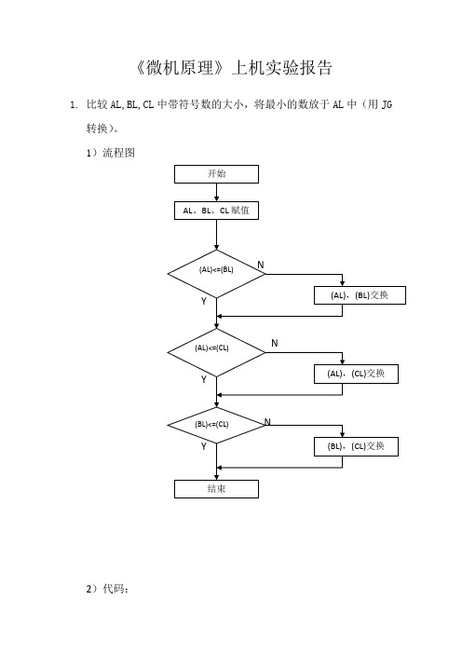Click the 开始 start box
pos(216,174)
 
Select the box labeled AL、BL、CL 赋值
pos(216,211)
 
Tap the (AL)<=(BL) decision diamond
pos(216,274)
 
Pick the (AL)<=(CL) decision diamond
pos(216,353)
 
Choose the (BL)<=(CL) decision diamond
pos(216,426)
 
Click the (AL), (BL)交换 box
pos(360,295)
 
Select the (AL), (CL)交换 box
pos(356,374)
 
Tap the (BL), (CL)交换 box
pos(356,446)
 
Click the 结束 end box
pos(216,489)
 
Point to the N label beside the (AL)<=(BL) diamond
pos(261,265)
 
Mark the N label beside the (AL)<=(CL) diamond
pos(275,343)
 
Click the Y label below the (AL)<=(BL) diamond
pos(203,301)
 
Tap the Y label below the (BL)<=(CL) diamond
pos(203,446)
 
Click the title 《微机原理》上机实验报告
pos(234,68)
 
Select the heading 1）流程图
pos(111,153)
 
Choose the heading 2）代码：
pos(107,589)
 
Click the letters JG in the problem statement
pos(387,104)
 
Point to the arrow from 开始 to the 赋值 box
pos(216,192)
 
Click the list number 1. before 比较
pos(74,104)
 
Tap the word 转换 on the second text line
pos(97,129)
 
